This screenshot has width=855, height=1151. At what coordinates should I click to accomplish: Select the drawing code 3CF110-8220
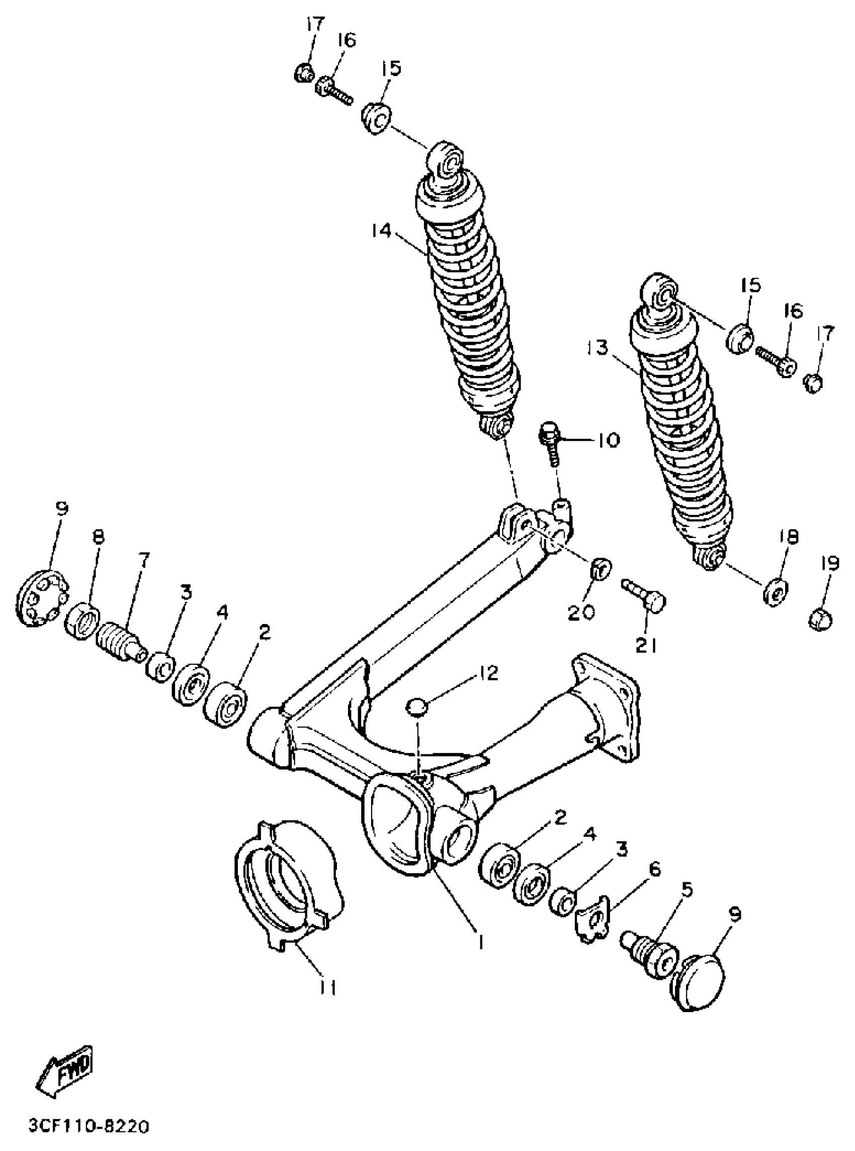[x=89, y=1123]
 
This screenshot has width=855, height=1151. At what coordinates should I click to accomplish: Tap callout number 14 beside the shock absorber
[x=381, y=231]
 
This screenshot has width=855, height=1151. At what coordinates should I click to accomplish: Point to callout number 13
[x=600, y=348]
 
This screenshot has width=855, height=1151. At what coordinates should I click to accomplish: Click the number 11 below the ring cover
[x=326, y=987]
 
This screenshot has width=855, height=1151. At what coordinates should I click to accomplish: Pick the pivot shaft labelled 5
[x=649, y=953]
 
